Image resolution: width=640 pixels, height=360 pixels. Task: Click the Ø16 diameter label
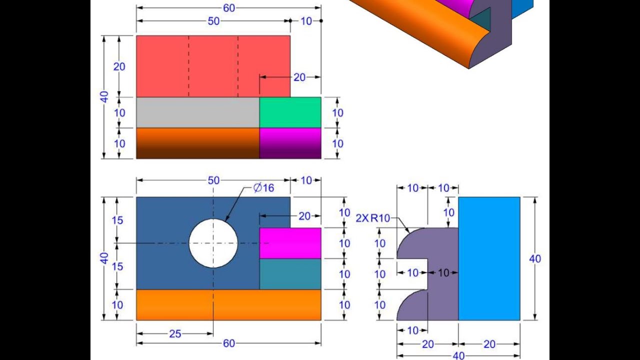(263, 188)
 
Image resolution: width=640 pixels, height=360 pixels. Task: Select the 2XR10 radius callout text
(373, 218)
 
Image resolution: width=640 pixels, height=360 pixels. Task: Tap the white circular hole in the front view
(213, 243)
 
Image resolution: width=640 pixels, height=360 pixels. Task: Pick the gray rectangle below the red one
(197, 112)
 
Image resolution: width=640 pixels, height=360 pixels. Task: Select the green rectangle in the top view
(290, 112)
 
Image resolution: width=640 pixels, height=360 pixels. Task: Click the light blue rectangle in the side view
(489, 258)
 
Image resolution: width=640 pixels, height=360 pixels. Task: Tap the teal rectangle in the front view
(290, 274)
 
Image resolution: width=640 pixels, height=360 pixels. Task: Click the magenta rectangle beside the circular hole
(290, 243)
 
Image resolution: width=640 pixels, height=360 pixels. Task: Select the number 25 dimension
(175, 334)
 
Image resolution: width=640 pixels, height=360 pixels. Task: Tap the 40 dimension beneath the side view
(458, 355)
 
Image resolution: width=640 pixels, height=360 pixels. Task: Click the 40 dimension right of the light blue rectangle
(535, 258)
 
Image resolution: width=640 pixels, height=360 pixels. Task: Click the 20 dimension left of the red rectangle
(119, 66)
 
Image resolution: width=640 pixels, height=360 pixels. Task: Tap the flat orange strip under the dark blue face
(228, 305)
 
